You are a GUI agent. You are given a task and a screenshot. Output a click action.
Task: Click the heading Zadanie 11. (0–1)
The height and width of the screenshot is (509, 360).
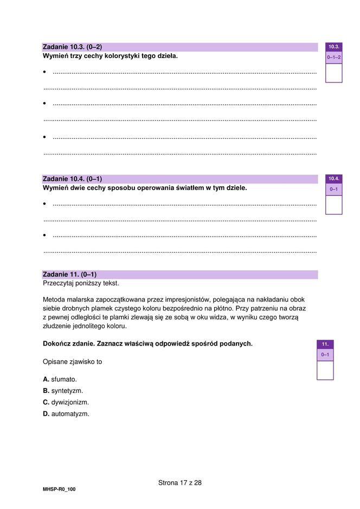coord(69,275)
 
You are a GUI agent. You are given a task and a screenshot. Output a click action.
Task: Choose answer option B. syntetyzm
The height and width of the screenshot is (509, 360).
coord(63,391)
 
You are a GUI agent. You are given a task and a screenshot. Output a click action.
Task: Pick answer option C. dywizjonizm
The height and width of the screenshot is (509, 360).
coord(66,402)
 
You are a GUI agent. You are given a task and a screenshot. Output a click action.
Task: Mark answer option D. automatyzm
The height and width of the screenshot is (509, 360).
coord(66,414)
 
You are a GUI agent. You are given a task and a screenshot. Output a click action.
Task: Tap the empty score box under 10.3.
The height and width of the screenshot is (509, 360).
coord(333,72)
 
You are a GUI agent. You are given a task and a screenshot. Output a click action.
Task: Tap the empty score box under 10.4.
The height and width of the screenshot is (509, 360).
coord(333,205)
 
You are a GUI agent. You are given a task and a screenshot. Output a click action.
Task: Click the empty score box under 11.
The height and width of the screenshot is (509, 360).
coord(325,370)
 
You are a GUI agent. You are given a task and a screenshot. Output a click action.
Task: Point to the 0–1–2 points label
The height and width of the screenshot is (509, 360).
coord(333,57)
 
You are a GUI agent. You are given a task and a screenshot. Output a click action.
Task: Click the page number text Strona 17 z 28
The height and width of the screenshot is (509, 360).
coord(180,482)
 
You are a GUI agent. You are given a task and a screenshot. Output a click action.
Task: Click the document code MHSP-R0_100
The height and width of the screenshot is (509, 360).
coord(59,489)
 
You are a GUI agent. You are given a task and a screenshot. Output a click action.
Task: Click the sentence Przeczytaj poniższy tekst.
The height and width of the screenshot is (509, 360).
coord(81,283)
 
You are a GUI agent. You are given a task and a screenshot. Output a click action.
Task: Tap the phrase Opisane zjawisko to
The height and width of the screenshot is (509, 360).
coord(72,361)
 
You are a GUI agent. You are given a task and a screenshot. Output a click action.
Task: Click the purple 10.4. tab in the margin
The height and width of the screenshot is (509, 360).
coord(333,179)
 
